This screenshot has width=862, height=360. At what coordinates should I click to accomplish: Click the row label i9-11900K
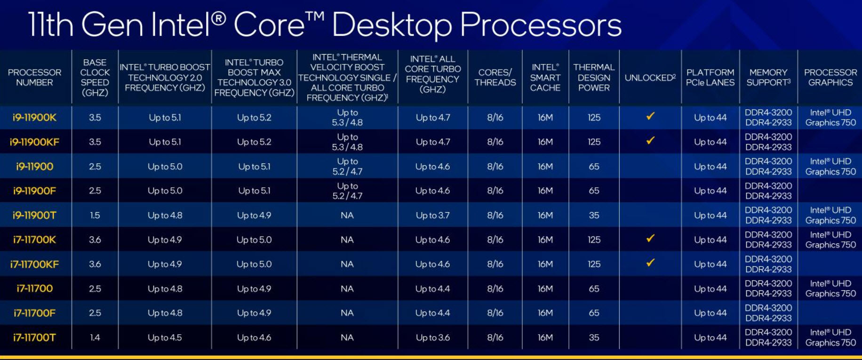point(34,118)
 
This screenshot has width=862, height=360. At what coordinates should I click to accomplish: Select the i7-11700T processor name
point(34,337)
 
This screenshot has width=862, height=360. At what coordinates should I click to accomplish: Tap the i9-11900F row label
point(34,191)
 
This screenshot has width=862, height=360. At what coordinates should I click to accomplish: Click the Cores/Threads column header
point(495,78)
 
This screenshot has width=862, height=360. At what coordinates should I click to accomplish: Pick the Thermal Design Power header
point(594,78)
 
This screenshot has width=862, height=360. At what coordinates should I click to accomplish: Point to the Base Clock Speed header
point(95,78)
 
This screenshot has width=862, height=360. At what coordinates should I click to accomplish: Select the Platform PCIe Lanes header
point(710,78)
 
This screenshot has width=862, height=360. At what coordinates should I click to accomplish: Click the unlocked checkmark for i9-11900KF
point(650,141)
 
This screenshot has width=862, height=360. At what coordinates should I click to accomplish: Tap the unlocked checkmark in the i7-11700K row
point(650,239)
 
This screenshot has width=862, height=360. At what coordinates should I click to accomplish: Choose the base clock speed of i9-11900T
point(95,215)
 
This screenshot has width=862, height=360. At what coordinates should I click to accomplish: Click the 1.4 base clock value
point(95,337)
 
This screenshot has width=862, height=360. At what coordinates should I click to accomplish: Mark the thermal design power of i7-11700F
point(594,313)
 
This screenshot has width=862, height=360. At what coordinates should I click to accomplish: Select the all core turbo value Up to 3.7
point(432,215)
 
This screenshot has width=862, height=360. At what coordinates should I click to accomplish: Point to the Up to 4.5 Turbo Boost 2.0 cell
point(165,337)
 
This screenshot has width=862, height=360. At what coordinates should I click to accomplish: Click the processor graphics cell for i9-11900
point(830,167)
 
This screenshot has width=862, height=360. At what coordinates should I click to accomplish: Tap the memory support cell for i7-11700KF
point(768,264)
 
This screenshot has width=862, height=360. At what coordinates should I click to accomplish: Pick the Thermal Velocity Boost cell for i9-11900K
point(347,118)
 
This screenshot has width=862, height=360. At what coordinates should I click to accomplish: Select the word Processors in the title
point(541,24)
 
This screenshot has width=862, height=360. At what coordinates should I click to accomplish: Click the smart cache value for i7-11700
point(545,288)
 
